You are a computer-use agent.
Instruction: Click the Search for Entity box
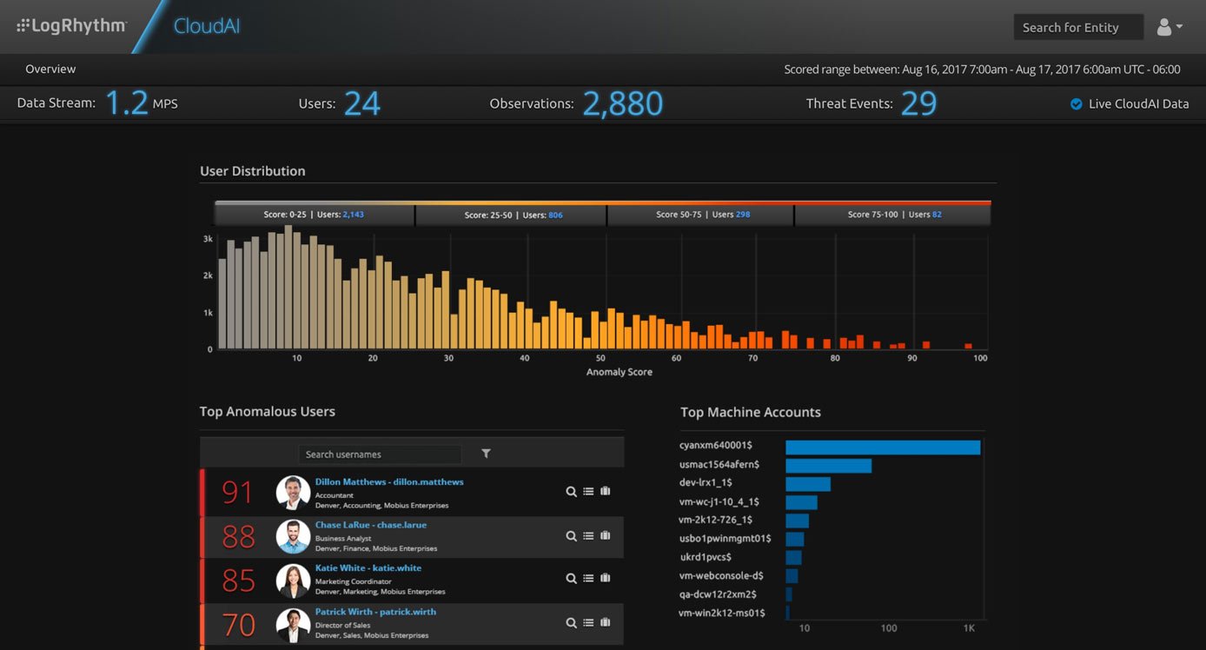[x=1077, y=27]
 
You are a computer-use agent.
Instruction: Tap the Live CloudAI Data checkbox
[x=1076, y=104]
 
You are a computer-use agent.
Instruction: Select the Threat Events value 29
[x=918, y=103]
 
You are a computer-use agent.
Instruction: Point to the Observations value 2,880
[x=622, y=103]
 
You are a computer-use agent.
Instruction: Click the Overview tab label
[x=50, y=70]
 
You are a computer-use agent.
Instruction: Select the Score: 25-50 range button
[x=512, y=215]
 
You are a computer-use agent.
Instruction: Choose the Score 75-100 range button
[x=892, y=215]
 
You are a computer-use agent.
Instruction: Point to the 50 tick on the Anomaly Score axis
[x=600, y=358]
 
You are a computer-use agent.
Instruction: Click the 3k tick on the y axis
[x=209, y=238]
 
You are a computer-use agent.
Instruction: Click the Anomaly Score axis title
[x=619, y=372]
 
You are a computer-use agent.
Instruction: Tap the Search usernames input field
[x=380, y=454]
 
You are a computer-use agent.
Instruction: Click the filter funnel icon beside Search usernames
[x=486, y=454]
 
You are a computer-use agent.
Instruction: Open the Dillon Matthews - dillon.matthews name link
[x=388, y=481]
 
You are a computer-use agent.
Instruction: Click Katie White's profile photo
[x=293, y=580]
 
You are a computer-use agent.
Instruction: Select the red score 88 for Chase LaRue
[x=238, y=537]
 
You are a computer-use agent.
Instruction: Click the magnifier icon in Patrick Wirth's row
[x=571, y=622]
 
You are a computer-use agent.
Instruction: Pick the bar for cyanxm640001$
[x=883, y=448]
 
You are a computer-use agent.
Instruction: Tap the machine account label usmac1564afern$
[x=719, y=465]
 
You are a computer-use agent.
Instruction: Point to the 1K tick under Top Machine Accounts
[x=970, y=628]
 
